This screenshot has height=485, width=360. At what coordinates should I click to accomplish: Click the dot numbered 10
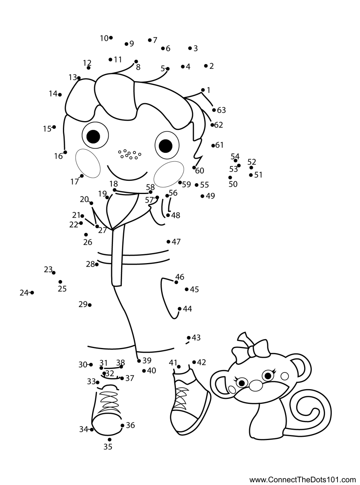pyautogui.click(x=111, y=38)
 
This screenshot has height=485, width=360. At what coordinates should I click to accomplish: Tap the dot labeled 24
pyautogui.click(x=32, y=293)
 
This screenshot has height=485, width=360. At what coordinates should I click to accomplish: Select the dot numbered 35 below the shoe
pyautogui.click(x=110, y=440)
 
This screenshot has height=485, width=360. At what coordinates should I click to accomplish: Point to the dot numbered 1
pyautogui.click(x=203, y=90)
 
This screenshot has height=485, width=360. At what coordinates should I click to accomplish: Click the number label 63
pyautogui.click(x=221, y=110)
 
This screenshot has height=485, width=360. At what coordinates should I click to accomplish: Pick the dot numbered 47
pyautogui.click(x=168, y=242)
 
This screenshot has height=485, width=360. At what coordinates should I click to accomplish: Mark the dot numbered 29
pyautogui.click(x=90, y=305)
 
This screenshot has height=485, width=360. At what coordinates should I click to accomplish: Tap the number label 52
pyautogui.click(x=252, y=162)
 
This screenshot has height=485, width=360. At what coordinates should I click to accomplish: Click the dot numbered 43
pyautogui.click(x=189, y=338)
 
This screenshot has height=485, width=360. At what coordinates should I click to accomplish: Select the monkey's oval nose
pyautogui.click(x=256, y=385)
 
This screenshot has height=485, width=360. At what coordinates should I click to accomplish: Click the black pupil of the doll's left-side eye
pyautogui.click(x=93, y=136)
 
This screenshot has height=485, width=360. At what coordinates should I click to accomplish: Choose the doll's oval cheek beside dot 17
pyautogui.click(x=88, y=164)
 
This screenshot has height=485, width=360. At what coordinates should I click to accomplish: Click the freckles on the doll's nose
pyautogui.click(x=130, y=154)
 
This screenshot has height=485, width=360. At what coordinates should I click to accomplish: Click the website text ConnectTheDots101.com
pyautogui.click(x=303, y=480)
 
